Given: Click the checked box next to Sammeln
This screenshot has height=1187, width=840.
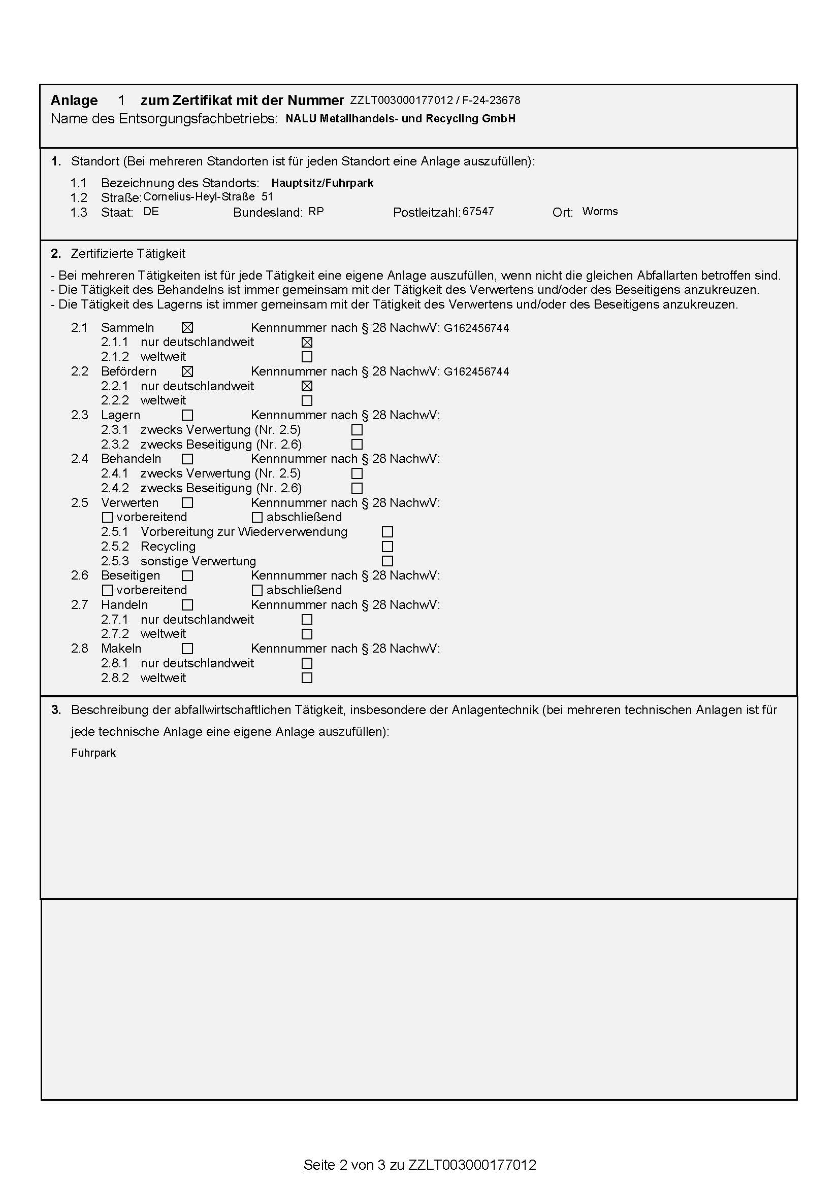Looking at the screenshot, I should tap(187, 328).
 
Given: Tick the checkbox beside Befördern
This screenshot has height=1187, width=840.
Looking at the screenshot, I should tap(187, 371).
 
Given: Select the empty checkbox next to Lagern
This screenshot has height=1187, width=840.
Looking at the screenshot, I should tap(187, 415).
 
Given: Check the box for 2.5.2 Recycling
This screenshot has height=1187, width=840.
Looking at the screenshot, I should tap(387, 547).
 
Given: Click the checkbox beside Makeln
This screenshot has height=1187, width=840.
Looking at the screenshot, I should tap(187, 648).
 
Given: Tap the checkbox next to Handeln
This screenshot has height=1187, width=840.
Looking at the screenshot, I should tap(187, 605).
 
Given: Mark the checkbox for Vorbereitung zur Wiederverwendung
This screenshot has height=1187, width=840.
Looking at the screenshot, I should tap(387, 532).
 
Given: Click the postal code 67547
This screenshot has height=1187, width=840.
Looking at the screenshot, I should tap(478, 212).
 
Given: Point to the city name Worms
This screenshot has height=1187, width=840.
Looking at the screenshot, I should tap(599, 212).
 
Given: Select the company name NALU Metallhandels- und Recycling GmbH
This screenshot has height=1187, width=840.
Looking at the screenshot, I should tap(400, 118).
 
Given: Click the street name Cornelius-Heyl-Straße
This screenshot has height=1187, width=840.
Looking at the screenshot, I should tap(199, 197).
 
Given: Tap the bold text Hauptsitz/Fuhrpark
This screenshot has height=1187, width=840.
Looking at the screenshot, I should tap(322, 183).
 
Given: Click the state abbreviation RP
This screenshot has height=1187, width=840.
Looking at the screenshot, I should tap(316, 212).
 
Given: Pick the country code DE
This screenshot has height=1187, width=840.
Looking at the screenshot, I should tap(151, 212).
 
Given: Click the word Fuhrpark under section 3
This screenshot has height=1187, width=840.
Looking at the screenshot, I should tap(93, 753).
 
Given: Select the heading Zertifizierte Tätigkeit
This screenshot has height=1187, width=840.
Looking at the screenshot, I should tap(128, 254).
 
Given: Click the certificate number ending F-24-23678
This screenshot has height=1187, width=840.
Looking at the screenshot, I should tap(435, 100).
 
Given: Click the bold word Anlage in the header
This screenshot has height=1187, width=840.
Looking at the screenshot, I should tap(74, 100).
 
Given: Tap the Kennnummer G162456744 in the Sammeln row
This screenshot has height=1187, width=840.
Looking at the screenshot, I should tap(476, 328).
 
